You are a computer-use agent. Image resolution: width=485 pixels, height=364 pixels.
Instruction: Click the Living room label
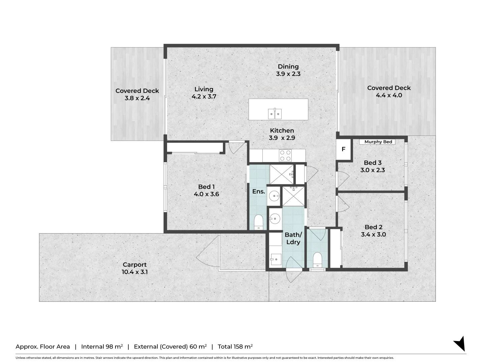[204, 89]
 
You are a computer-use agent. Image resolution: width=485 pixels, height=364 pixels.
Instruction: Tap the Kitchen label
[282, 131]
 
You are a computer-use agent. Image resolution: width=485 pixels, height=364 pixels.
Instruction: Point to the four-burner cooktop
[285, 156]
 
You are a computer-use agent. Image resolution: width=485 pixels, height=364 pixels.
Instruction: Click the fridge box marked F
[344, 149]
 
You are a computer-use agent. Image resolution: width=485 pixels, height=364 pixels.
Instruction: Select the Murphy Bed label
[378, 142]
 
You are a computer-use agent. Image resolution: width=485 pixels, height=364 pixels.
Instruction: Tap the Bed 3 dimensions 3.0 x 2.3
[373, 170]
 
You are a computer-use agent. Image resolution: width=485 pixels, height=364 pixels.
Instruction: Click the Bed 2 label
[373, 227]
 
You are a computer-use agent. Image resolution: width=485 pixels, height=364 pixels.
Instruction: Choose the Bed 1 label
[206, 187]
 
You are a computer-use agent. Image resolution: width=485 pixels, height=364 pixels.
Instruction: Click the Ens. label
[259, 191]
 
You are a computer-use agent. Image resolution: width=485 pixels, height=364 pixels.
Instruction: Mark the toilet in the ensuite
[259, 222]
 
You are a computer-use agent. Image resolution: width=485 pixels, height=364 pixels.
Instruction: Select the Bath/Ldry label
[293, 238]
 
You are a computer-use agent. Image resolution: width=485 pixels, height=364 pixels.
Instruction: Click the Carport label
[135, 265]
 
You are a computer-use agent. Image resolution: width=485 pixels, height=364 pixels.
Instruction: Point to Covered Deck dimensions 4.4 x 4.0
[389, 95]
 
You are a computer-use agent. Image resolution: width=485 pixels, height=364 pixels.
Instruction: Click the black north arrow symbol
[460, 344]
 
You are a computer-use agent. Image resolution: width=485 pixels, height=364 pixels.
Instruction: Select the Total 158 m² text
[235, 346]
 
